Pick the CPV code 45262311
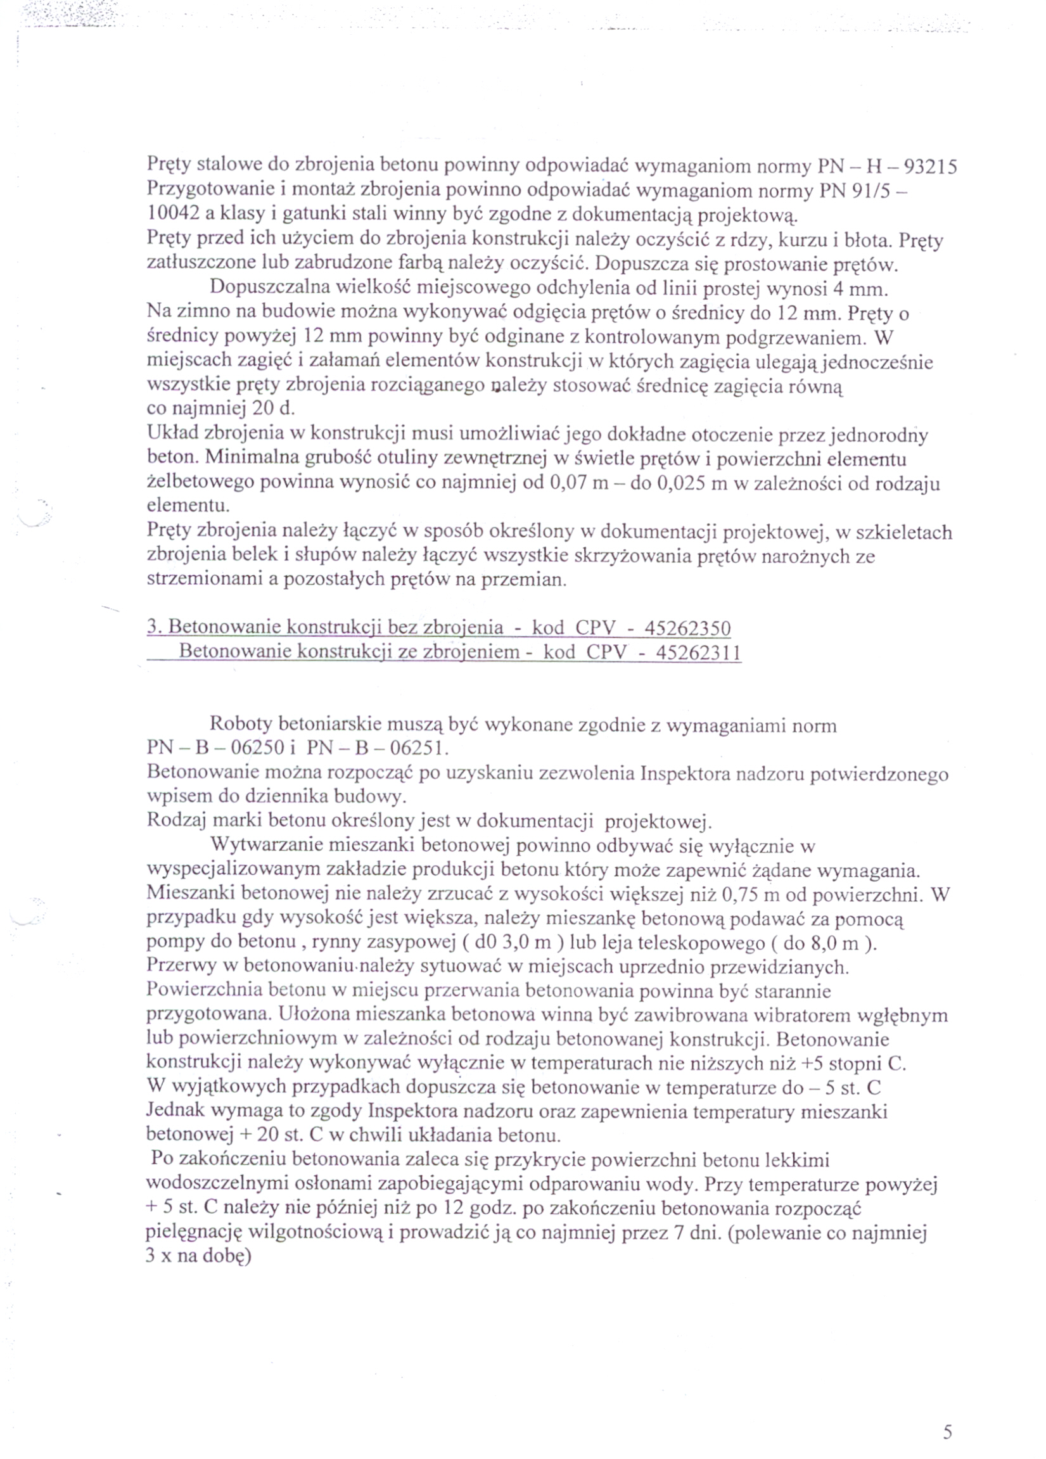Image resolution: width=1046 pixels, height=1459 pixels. pyautogui.click(x=698, y=653)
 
